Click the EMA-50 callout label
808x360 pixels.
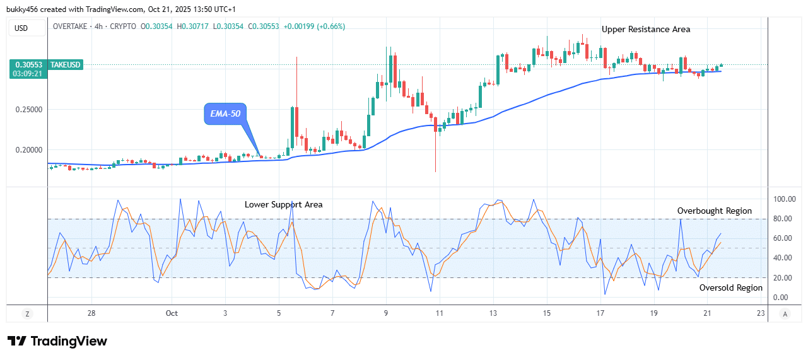click(225, 113)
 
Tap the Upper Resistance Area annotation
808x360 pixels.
click(645, 29)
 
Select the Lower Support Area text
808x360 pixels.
click(283, 204)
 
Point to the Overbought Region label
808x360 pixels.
click(714, 211)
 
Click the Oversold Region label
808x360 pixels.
click(730, 287)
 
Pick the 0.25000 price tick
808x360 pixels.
click(28, 110)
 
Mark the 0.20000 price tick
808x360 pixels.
click(28, 150)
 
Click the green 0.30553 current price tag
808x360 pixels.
click(29, 65)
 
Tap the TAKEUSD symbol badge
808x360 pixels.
click(66, 65)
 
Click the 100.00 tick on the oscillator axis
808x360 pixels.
click(783, 199)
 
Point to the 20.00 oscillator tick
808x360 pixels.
click(783, 278)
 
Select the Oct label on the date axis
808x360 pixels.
click(172, 313)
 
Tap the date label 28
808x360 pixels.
click(91, 313)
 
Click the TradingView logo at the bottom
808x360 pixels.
click(57, 341)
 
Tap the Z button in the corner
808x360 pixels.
click(27, 313)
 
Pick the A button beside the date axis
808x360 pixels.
click(785, 313)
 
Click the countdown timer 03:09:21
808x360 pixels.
click(29, 74)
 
